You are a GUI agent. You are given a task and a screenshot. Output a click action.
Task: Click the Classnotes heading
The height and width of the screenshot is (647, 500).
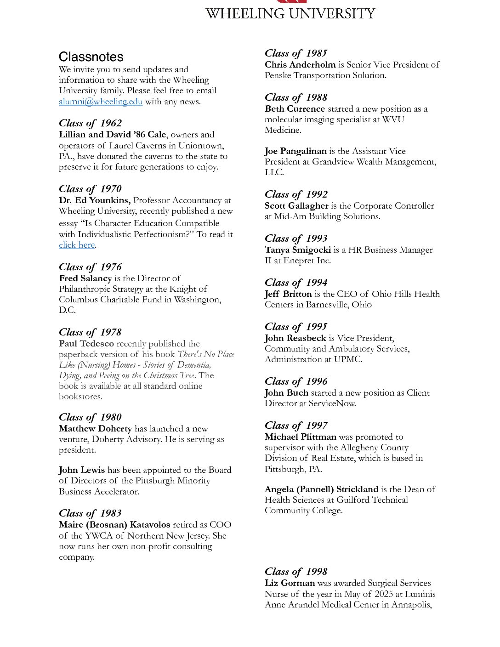(91, 57)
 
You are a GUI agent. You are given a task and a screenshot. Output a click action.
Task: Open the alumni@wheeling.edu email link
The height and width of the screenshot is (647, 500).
(101, 102)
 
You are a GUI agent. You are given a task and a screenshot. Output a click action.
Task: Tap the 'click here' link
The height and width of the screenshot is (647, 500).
(77, 245)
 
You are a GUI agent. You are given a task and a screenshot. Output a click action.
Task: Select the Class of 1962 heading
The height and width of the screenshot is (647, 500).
(90, 123)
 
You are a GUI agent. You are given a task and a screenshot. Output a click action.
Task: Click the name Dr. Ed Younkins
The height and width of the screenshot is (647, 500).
(95, 200)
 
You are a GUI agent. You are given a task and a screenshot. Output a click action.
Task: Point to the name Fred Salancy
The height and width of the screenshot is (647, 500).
(85, 278)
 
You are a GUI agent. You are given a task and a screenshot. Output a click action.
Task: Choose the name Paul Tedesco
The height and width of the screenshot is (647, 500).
(86, 344)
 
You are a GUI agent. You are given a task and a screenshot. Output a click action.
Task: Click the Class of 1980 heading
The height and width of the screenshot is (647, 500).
(90, 417)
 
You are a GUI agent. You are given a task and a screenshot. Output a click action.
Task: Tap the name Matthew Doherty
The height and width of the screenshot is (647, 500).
(95, 429)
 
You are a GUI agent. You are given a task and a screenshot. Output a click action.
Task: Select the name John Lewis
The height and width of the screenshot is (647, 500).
(82, 470)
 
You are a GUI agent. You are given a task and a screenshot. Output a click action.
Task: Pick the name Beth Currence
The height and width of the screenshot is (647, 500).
(295, 109)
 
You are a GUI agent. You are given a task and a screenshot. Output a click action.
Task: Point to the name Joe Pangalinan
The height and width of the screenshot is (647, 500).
(295, 151)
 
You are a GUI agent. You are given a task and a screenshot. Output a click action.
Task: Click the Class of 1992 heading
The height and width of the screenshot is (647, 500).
(296, 194)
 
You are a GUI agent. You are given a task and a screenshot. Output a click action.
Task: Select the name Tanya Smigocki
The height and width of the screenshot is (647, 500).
(297, 250)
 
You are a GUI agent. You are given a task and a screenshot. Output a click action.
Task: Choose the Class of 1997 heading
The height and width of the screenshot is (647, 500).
(296, 426)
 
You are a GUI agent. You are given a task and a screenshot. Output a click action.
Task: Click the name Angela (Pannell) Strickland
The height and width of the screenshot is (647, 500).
(321, 489)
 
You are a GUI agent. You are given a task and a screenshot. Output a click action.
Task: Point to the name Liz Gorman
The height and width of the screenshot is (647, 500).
(290, 583)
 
